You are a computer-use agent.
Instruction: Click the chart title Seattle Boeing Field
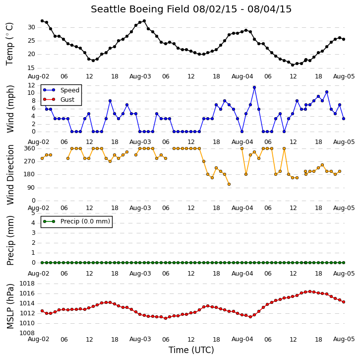(140, 9)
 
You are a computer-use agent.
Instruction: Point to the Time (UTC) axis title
(191, 350)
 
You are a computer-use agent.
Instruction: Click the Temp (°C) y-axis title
(9, 44)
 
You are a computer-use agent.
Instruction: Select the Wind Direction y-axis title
(10, 175)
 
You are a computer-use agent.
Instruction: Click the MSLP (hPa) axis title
(10, 306)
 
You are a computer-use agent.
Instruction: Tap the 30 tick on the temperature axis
(31, 27)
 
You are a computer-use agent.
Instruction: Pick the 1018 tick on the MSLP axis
(27, 284)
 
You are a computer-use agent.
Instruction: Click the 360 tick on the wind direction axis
(29, 148)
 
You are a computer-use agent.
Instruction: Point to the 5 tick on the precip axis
(33, 213)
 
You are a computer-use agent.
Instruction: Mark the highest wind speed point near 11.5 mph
(254, 87)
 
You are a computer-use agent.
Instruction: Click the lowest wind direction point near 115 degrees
(229, 184)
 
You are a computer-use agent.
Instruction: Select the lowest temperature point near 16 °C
(293, 65)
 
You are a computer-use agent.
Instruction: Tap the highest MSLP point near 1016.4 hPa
(310, 291)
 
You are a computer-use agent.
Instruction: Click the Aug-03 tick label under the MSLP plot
(140, 339)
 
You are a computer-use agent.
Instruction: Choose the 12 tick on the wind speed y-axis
(31, 85)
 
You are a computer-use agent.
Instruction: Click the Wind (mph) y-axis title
(10, 109)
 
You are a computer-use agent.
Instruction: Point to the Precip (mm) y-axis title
(10, 240)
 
